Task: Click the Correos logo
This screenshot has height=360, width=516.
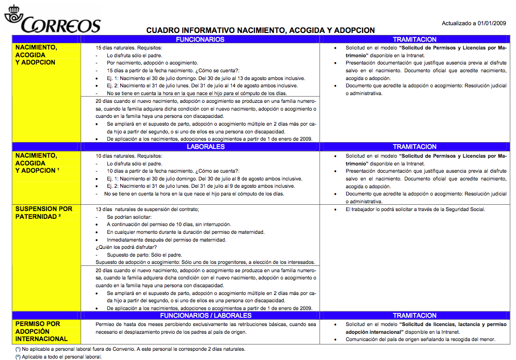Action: [x=52, y=20]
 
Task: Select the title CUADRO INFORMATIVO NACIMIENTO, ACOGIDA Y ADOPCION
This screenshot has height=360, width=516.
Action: [x=260, y=30]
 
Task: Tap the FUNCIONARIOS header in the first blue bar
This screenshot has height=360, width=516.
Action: [x=200, y=39]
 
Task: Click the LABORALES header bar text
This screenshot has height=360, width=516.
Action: [x=206, y=147]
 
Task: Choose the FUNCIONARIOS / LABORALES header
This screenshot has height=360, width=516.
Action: [x=206, y=315]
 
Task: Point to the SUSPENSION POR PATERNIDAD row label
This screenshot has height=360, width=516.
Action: [x=44, y=213]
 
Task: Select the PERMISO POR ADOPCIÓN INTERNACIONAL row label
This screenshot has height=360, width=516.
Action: [x=41, y=331]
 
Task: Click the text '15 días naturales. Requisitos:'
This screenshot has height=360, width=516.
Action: [x=129, y=48]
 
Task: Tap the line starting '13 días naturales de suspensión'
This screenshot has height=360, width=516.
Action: [x=147, y=209]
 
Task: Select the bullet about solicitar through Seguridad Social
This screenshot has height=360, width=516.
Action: [x=415, y=210]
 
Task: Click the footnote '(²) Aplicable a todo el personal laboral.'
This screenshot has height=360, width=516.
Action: [x=58, y=357]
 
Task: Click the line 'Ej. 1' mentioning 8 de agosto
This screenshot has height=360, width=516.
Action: [x=204, y=179]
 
